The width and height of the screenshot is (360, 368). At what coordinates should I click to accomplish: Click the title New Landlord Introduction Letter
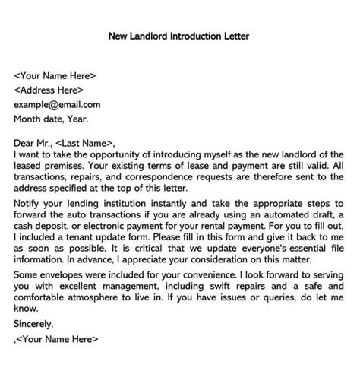click(179, 35)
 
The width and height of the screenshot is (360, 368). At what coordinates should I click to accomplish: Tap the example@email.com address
click(57, 104)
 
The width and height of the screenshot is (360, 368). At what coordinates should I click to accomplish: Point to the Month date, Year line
click(51, 119)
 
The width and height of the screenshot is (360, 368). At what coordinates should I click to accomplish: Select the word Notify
click(28, 203)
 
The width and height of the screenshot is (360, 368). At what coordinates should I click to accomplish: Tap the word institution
click(122, 203)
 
